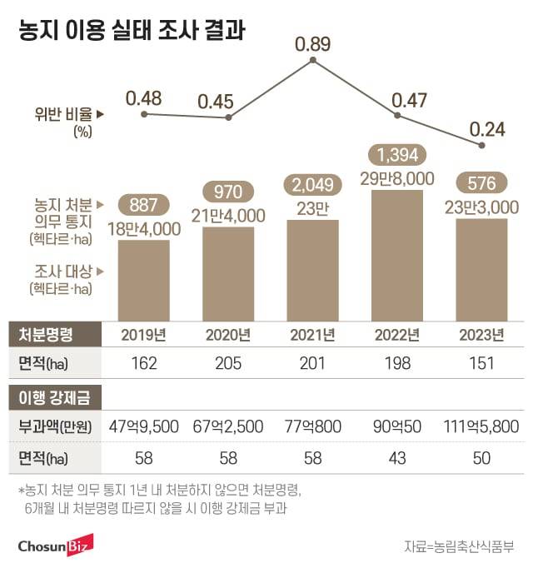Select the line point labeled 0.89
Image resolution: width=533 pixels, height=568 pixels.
pos(312,61)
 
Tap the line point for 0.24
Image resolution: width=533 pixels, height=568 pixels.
pos(482,145)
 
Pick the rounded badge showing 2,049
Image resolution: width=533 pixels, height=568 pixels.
pos(312,182)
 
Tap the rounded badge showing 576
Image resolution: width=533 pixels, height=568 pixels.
pos(482,182)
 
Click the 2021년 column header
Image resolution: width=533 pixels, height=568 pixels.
pos(312,336)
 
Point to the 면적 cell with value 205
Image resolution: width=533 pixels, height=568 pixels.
pos(227,363)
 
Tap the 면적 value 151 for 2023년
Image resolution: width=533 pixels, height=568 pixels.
pos(481,363)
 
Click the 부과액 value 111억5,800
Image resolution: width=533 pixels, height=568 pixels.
pos(481,426)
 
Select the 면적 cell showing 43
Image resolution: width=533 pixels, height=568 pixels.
pos(397,456)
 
